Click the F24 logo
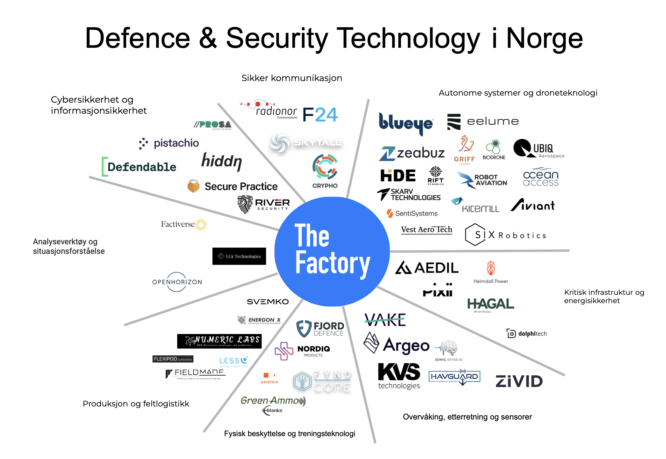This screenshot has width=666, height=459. point(320,115)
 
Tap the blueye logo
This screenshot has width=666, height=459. point(405,123)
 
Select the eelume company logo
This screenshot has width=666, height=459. point(483,121)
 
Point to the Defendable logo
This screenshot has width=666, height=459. point(139,167)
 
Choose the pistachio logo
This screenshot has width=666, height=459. point(169,143)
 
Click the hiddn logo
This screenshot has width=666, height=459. point(221,162)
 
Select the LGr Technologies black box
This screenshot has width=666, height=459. point(239,256)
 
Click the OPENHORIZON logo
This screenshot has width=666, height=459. point(177,282)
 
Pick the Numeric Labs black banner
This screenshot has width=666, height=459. point(219,341)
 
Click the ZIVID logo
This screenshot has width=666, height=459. point(519,381)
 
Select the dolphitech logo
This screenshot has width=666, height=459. point(527,333)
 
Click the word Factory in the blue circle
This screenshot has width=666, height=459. point(332,263)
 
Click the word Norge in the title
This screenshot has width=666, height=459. point(544,39)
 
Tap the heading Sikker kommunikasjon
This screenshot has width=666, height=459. point(291,78)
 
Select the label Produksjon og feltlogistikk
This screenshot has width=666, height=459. point(136,404)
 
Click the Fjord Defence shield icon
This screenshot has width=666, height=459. point(304,329)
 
